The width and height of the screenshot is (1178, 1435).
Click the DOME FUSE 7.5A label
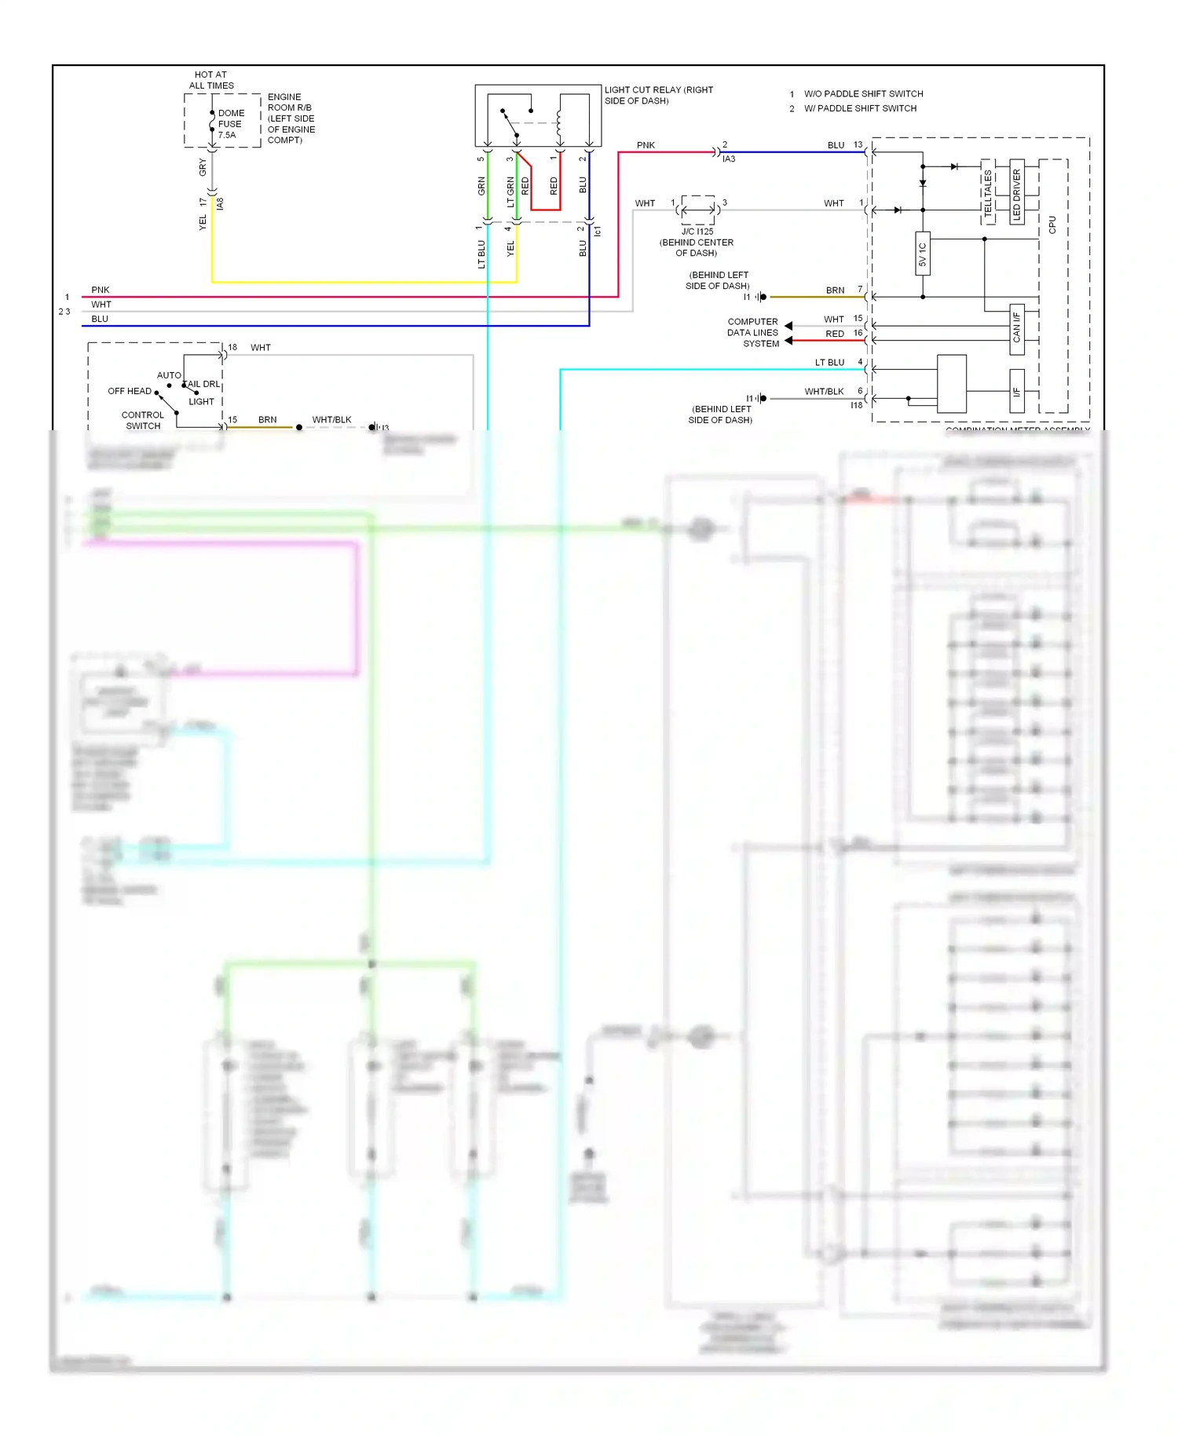tap(230, 124)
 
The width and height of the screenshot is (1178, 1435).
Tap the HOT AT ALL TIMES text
tap(210, 80)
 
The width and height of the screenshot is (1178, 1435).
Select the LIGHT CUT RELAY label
tap(658, 95)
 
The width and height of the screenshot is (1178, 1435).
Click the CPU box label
tap(1052, 225)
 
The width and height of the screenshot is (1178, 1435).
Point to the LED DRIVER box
tap(1016, 192)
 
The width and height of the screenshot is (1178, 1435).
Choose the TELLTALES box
tap(988, 192)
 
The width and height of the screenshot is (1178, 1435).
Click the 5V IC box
tap(923, 254)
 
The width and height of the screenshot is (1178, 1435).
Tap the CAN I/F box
tap(1016, 327)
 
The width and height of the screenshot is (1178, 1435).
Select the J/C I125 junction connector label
tap(697, 232)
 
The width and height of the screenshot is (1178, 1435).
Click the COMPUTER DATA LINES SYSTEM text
tap(752, 333)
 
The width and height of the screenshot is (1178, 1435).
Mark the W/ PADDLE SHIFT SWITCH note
tap(860, 108)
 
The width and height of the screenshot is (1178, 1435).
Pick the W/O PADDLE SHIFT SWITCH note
tap(863, 93)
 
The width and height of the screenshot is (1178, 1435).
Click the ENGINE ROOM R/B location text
tap(291, 119)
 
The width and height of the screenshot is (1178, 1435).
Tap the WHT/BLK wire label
tap(331, 420)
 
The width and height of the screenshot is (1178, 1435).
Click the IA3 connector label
tap(729, 159)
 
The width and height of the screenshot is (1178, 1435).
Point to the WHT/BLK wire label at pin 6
tap(824, 391)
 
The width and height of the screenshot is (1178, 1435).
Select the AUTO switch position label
tap(169, 375)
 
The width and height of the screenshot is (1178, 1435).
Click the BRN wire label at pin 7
tap(835, 290)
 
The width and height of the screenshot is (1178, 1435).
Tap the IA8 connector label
tap(221, 204)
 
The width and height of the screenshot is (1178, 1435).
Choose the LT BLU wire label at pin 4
tap(829, 363)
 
